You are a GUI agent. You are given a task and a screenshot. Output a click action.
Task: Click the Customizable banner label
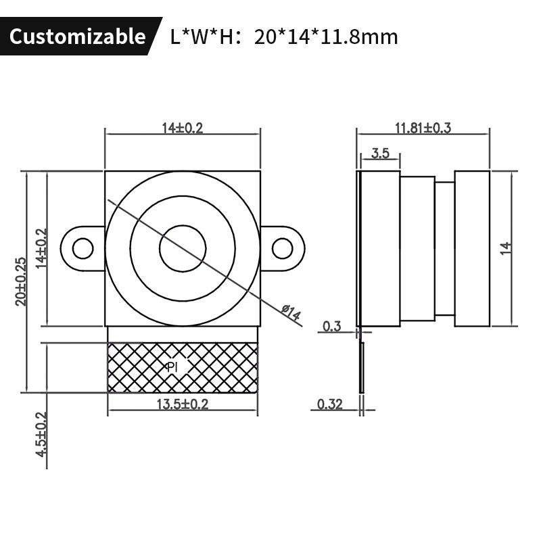[x=77, y=37]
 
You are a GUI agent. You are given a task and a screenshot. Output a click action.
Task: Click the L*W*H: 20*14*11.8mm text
[x=284, y=37]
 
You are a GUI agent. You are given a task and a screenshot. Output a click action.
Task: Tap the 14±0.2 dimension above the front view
[x=183, y=128]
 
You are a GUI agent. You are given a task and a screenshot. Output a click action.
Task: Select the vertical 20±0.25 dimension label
[x=21, y=281]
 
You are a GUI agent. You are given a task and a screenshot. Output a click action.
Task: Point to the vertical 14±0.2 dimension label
[x=41, y=248]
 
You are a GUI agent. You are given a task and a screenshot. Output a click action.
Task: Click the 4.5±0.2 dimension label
[x=41, y=434]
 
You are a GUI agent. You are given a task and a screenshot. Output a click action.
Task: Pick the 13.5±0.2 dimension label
[x=183, y=404]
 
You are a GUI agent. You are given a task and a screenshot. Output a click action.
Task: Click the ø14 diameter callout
[x=291, y=312]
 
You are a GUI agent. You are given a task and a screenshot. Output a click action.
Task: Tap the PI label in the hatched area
[x=172, y=367]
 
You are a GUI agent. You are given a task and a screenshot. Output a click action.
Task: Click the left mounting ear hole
[x=83, y=248]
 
